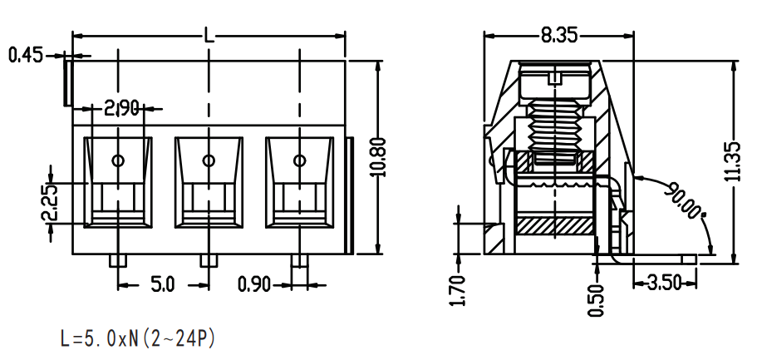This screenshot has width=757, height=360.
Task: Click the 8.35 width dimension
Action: click(x=558, y=35)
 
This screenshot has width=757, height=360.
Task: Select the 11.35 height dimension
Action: click(x=734, y=161)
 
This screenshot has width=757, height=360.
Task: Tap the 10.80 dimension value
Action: click(x=380, y=157)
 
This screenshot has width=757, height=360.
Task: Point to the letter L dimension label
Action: click(x=209, y=35)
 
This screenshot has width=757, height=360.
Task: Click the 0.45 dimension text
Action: click(x=26, y=55)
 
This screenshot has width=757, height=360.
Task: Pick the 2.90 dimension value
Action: click(x=121, y=109)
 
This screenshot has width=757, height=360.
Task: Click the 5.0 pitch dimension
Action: click(x=163, y=284)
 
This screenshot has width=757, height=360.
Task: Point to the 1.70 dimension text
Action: click(x=460, y=290)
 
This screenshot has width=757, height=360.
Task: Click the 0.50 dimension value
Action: click(x=597, y=300)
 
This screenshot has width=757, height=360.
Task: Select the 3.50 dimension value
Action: click(x=664, y=283)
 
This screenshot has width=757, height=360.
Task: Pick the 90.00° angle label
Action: click(x=684, y=200)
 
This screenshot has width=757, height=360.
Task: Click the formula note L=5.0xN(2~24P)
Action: click(x=137, y=338)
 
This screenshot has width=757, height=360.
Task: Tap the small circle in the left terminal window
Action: click(x=118, y=160)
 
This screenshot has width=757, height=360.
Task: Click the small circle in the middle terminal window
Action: click(x=209, y=160)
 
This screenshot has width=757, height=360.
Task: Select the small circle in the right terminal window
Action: click(x=299, y=160)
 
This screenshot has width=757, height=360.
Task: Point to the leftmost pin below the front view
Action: click(x=118, y=260)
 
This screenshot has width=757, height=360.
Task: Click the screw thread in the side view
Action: click(x=556, y=125)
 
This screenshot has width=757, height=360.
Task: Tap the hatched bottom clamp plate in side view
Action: click(x=555, y=224)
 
